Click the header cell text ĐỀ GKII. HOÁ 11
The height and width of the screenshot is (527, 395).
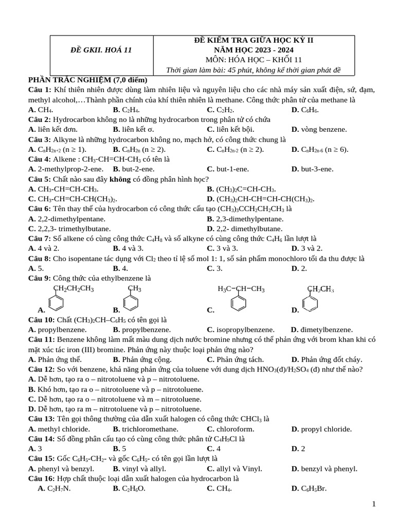101,50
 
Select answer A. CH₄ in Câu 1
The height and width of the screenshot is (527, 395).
41,110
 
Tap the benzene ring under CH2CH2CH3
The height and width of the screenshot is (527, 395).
56,302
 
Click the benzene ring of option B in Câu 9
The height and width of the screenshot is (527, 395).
131,302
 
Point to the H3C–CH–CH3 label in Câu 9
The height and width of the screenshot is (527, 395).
241,289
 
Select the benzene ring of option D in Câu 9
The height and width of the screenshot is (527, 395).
311,302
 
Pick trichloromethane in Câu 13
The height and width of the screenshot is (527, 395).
146,429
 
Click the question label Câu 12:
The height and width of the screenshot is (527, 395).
42,369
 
